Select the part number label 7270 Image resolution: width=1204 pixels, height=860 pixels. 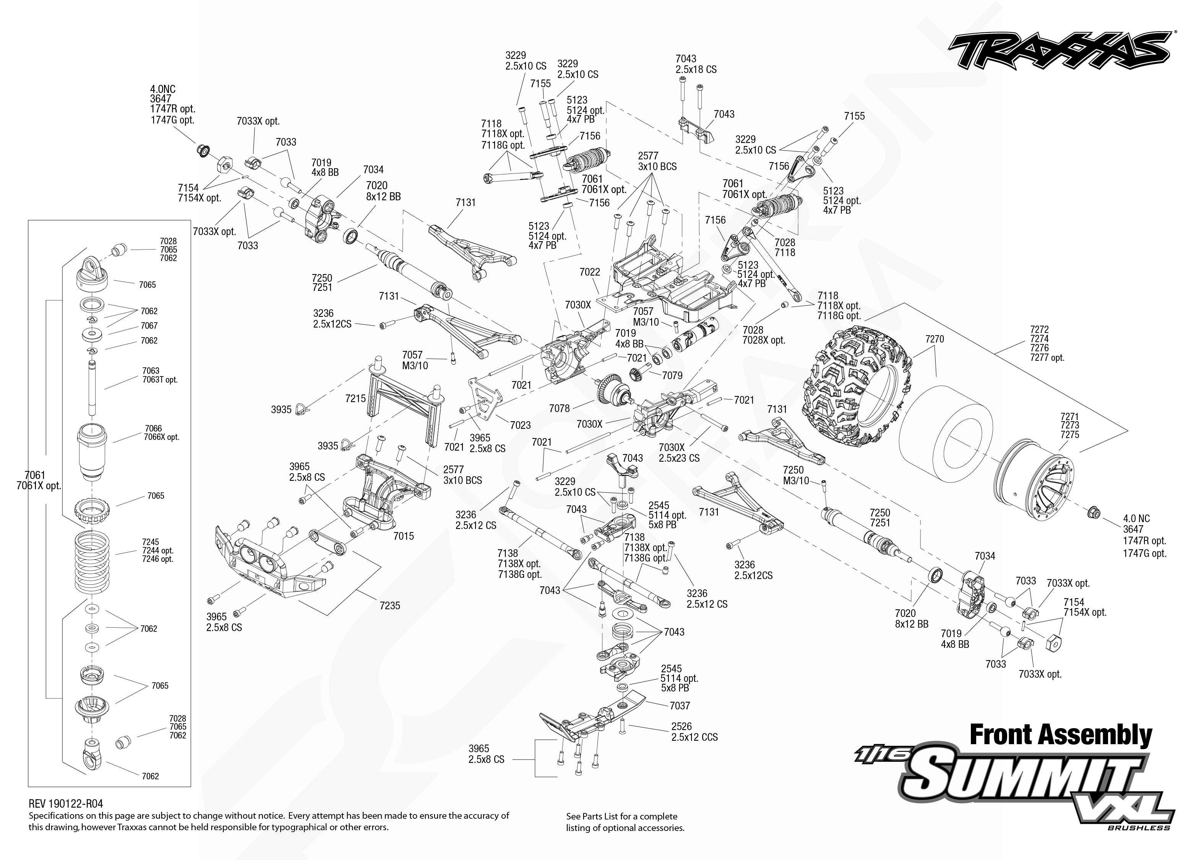935,339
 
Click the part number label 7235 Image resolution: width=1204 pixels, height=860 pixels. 390,605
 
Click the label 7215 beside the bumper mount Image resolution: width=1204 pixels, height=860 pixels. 355,398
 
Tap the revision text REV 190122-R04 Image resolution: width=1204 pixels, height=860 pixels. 66,804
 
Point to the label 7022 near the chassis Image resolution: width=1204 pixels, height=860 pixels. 589,272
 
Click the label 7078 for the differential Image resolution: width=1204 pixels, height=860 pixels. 559,408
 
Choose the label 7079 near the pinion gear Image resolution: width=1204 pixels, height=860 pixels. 672,375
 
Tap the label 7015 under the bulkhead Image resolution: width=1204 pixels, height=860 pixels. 404,536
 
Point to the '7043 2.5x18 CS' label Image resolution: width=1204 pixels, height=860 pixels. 696,63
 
